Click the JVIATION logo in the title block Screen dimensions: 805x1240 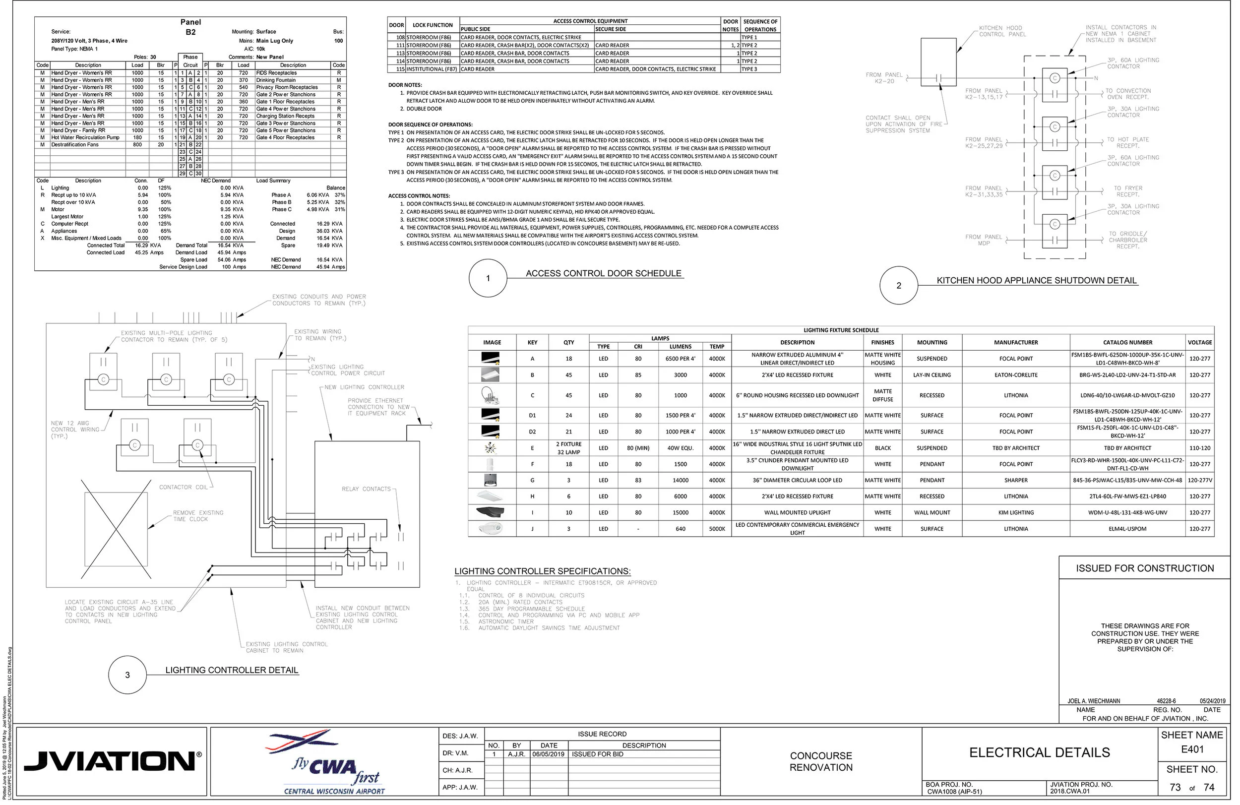pos(113,761)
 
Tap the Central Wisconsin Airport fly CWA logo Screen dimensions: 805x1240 pos(333,762)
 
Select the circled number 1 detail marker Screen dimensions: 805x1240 pos(488,278)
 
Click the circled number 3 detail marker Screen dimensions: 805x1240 pos(127,675)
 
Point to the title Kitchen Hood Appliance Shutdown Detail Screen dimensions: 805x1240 pos(1036,280)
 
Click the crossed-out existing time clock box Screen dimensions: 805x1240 pos(116,529)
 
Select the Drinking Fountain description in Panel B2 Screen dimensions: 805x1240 pos(276,80)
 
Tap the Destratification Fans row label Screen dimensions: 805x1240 pos(74,145)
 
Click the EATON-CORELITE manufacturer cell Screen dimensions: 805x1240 pos(1015,375)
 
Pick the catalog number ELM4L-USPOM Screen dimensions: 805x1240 pos(1127,529)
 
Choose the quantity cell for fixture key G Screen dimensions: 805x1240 pos(568,481)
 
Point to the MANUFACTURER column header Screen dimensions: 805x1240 pos(1015,342)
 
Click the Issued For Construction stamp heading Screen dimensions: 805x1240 pos(1145,568)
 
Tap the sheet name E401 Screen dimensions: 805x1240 pos(1192,749)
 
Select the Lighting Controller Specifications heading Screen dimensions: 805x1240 pos(542,571)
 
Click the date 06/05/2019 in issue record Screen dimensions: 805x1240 pos(548,754)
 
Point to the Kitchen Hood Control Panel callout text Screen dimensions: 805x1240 pos(1002,31)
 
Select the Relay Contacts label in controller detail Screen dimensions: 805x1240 pos(366,489)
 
